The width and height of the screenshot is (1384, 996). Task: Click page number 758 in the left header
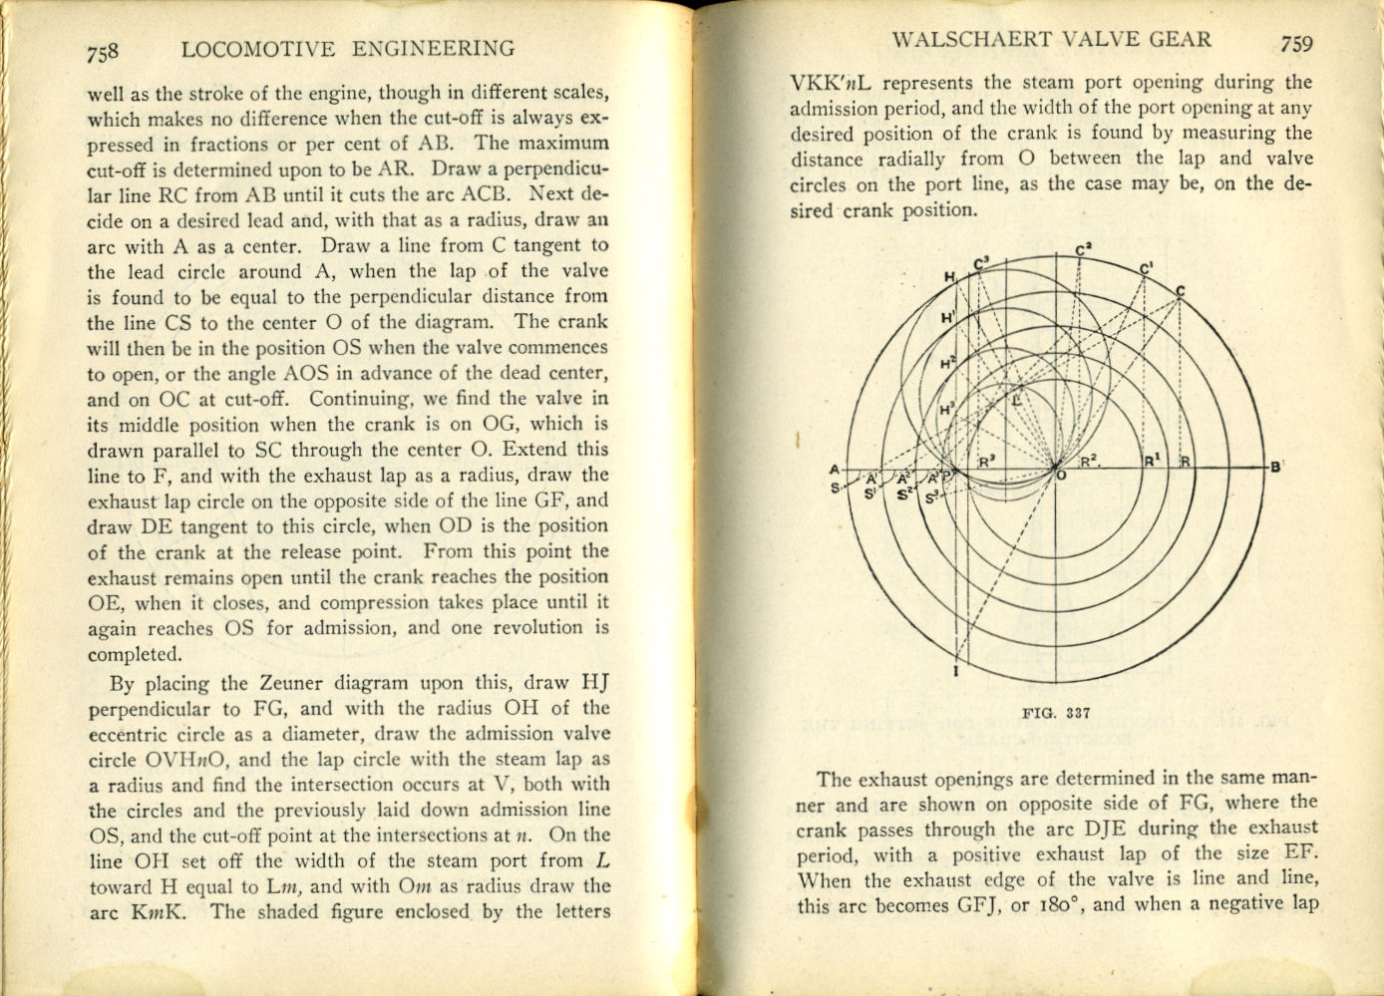[103, 51]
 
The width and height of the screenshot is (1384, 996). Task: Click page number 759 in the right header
[1297, 43]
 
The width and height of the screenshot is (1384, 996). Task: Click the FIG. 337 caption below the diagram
[1056, 713]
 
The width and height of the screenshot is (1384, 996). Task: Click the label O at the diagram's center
[1061, 477]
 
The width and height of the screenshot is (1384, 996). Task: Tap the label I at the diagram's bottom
[955, 671]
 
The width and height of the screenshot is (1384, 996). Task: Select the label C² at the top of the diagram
[1084, 250]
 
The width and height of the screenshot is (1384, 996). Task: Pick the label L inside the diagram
[1016, 399]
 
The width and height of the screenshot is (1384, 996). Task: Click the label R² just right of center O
[1090, 461]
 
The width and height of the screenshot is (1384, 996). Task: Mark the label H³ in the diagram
[946, 410]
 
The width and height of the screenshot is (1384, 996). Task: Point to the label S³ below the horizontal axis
[931, 497]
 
